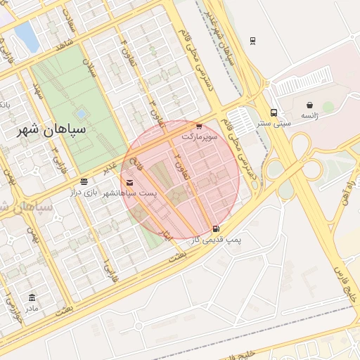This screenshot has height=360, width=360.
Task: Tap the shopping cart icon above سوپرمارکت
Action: click(198, 127)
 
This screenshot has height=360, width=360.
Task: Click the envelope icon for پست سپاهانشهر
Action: click(129, 183)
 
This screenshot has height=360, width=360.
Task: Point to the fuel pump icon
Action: click(215, 229)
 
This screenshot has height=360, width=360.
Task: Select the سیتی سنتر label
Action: click(274, 123)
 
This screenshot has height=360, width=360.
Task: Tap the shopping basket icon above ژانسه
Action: click(310, 105)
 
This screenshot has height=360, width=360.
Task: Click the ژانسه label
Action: click(309, 115)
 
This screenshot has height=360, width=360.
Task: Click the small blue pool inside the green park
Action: click(82, 112)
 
